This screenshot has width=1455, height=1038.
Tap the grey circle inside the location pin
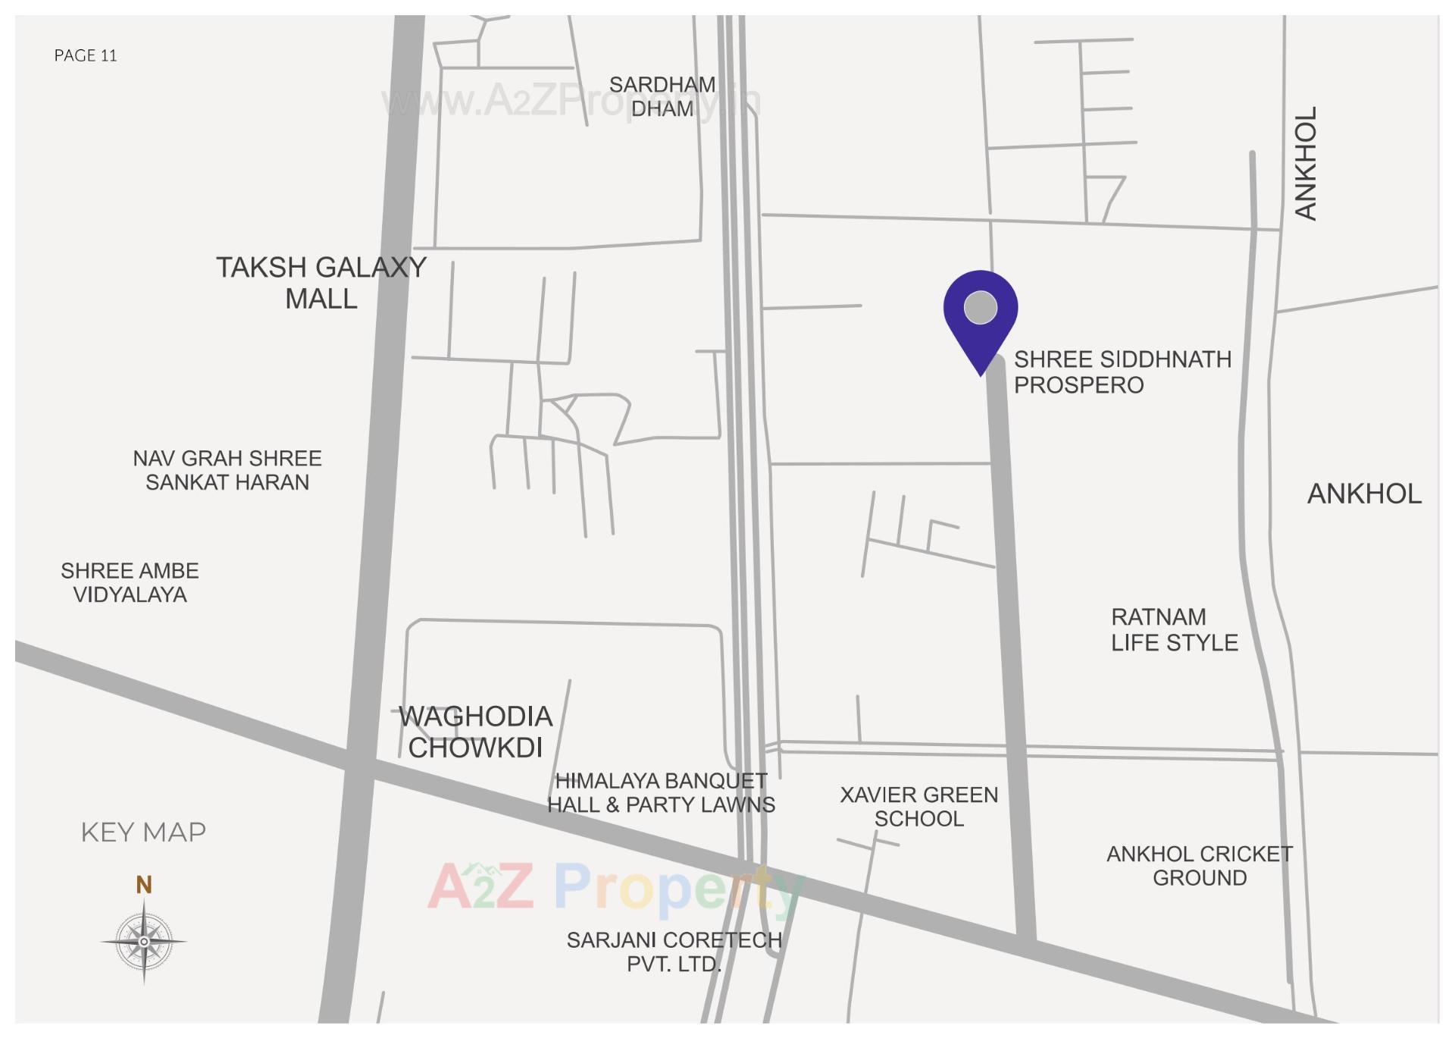pyautogui.click(x=980, y=308)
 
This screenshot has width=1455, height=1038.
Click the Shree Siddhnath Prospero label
pyautogui.click(x=1122, y=372)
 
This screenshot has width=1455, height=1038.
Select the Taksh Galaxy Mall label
pyautogui.click(x=321, y=283)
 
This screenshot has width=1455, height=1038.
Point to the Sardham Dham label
pyautogui.click(x=662, y=96)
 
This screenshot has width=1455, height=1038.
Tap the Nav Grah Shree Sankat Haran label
pyautogui.click(x=227, y=470)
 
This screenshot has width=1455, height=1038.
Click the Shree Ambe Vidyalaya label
pyautogui.click(x=130, y=582)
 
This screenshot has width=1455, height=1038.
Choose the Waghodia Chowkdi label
pyautogui.click(x=475, y=732)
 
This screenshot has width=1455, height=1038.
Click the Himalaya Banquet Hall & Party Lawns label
pyautogui.click(x=661, y=792)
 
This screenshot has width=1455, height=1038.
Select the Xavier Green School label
pyautogui.click(x=918, y=807)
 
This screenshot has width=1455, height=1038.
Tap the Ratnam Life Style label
pyautogui.click(x=1174, y=629)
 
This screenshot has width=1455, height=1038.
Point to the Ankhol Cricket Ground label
pyautogui.click(x=1199, y=866)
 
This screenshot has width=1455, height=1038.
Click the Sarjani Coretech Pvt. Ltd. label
pyautogui.click(x=674, y=952)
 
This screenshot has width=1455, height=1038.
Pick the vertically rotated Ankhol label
pyautogui.click(x=1305, y=163)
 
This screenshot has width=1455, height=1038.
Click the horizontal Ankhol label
pyautogui.click(x=1364, y=494)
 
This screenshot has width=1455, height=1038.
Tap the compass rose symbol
pyautogui.click(x=144, y=941)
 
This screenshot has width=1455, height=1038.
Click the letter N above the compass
pyautogui.click(x=144, y=885)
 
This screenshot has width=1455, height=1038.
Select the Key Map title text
pyautogui.click(x=143, y=833)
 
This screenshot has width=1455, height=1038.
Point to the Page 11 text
pyautogui.click(x=86, y=55)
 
